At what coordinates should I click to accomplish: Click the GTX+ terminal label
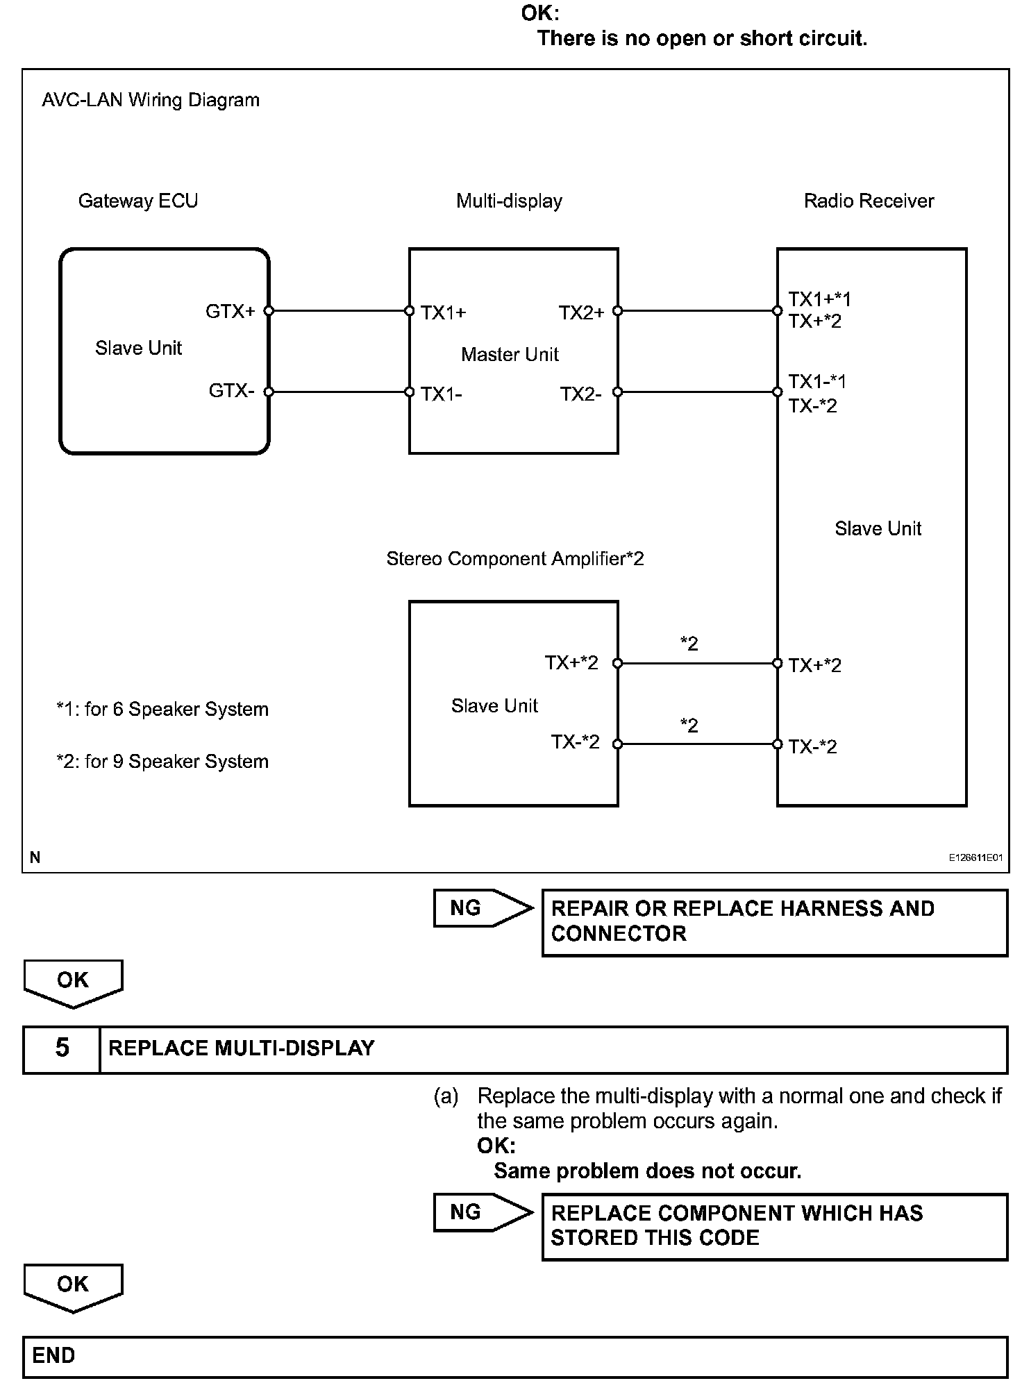coord(230,311)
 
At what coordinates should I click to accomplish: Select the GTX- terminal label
coord(231,391)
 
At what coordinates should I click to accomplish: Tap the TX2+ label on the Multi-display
coord(581,312)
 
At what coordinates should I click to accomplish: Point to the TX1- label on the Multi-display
coord(442,394)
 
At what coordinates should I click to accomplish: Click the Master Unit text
coord(510,354)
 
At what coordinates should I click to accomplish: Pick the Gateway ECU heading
coord(137,201)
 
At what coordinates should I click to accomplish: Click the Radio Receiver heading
coord(869,201)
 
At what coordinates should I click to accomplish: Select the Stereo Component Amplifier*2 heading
coord(514,558)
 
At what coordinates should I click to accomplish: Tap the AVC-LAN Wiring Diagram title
coord(151,100)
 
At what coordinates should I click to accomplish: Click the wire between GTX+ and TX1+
coord(339,311)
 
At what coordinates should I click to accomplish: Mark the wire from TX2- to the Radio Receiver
coord(697,392)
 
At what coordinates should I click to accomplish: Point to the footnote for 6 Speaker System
coord(162,709)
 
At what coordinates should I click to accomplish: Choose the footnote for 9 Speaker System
coord(162,761)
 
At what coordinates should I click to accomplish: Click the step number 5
coord(62,1048)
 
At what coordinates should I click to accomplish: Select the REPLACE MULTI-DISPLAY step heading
coord(242,1048)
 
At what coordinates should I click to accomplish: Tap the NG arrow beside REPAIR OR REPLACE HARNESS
coord(482,907)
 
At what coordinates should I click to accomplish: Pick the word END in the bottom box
coord(53,1355)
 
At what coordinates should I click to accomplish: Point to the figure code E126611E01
coord(975,857)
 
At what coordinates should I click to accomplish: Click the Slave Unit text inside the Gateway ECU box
coord(138,348)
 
